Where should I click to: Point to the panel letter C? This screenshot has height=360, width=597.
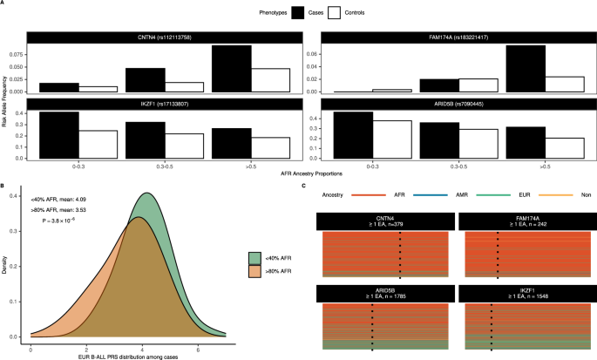[302, 186]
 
